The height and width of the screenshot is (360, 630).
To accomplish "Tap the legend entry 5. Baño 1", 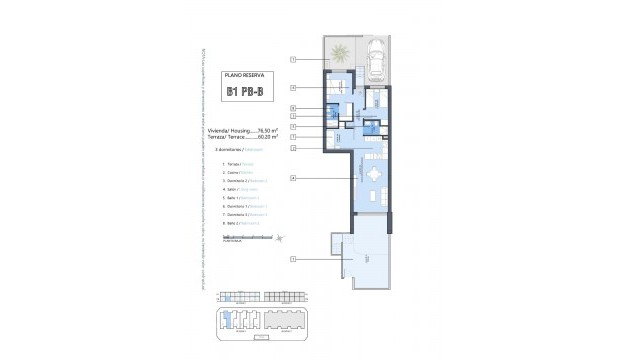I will (x=238, y=197).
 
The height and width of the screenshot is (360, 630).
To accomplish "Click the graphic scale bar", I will (x=237, y=237).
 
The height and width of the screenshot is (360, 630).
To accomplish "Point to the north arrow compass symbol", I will (x=281, y=237).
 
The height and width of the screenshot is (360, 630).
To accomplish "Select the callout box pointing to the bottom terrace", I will (x=293, y=259).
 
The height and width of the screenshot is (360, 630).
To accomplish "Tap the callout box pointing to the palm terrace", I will (x=293, y=59).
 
